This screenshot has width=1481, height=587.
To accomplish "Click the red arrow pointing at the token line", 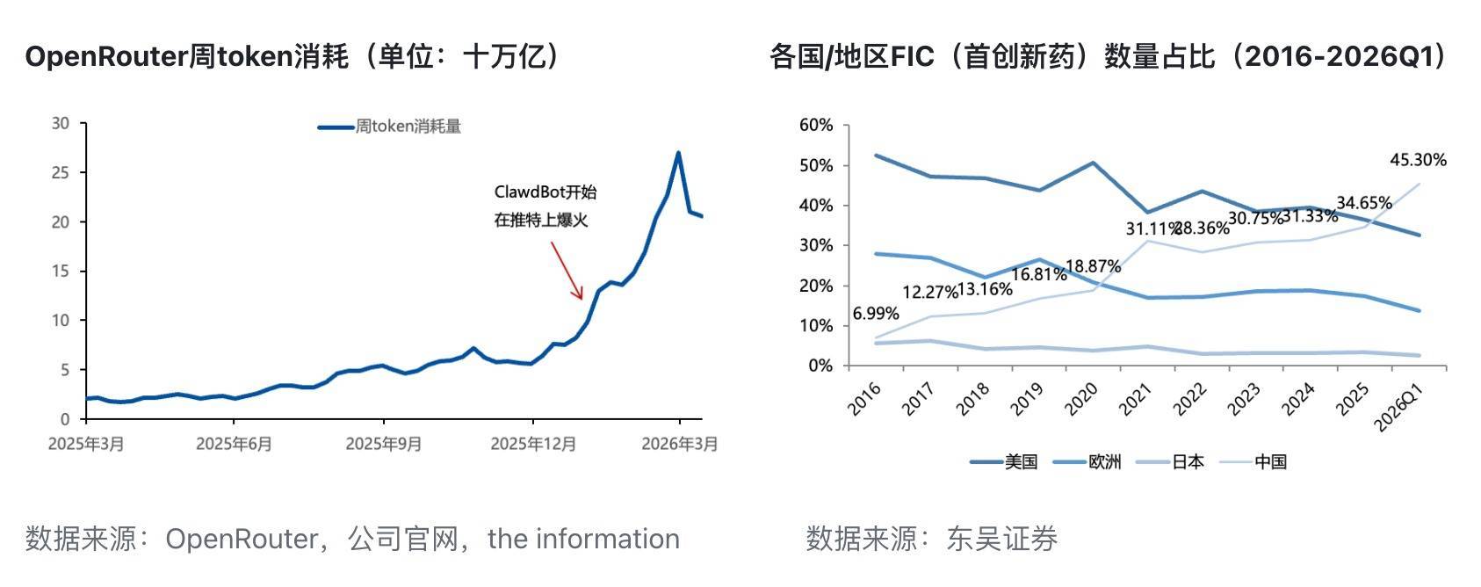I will point(567,270).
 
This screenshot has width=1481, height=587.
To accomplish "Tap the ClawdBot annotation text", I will point(545,206).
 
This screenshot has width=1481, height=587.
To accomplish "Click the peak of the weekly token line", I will point(677,153).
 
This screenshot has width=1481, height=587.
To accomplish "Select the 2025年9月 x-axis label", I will point(383,444).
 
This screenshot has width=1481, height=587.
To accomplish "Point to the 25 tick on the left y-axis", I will point(60,172).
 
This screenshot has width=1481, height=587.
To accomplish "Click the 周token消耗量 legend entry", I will point(390,127).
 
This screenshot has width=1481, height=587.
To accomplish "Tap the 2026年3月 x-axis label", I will point(679,444).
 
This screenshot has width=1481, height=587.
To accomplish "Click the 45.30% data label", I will point(1418,160).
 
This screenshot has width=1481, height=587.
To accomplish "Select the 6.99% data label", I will point(876,314).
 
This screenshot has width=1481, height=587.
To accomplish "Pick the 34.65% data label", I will point(1363,203).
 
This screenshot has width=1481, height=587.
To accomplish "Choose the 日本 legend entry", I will point(1170,462).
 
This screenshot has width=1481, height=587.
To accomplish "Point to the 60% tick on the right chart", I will point(816,126).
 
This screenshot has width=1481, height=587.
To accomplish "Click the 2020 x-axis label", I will point(1081,398).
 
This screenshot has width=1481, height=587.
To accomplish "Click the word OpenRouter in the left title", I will point(106,57).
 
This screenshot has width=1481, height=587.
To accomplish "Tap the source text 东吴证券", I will point(1001,539).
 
